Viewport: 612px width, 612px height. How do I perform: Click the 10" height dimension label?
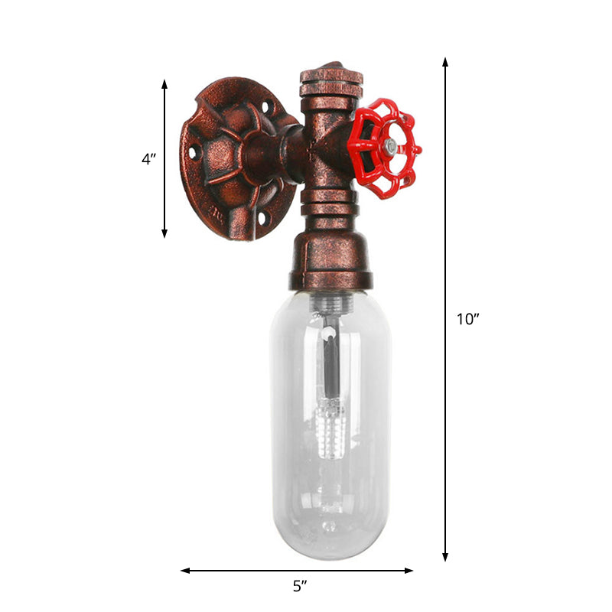(x=467, y=320)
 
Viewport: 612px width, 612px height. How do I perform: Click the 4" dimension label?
(x=149, y=159)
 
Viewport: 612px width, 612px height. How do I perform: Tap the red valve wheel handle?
(x=383, y=148)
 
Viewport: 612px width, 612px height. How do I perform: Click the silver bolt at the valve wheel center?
(x=390, y=145)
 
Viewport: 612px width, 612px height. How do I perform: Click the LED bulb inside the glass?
(x=330, y=428)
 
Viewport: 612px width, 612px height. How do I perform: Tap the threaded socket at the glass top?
(x=330, y=304)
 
